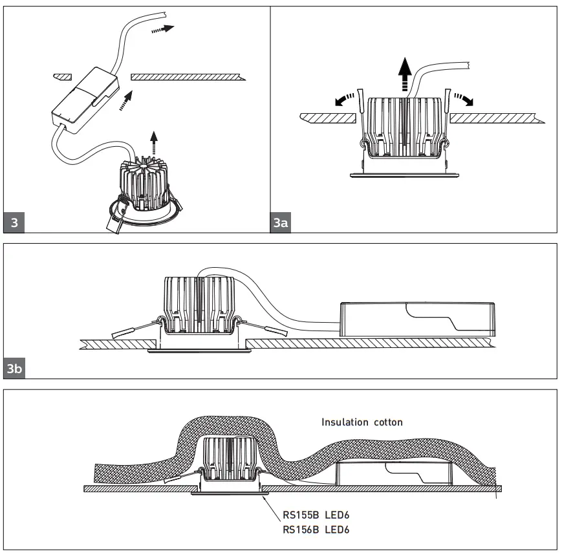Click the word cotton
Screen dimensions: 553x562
point(388,422)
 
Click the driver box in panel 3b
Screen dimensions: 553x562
point(416,319)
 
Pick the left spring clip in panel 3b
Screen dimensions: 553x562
point(133,329)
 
